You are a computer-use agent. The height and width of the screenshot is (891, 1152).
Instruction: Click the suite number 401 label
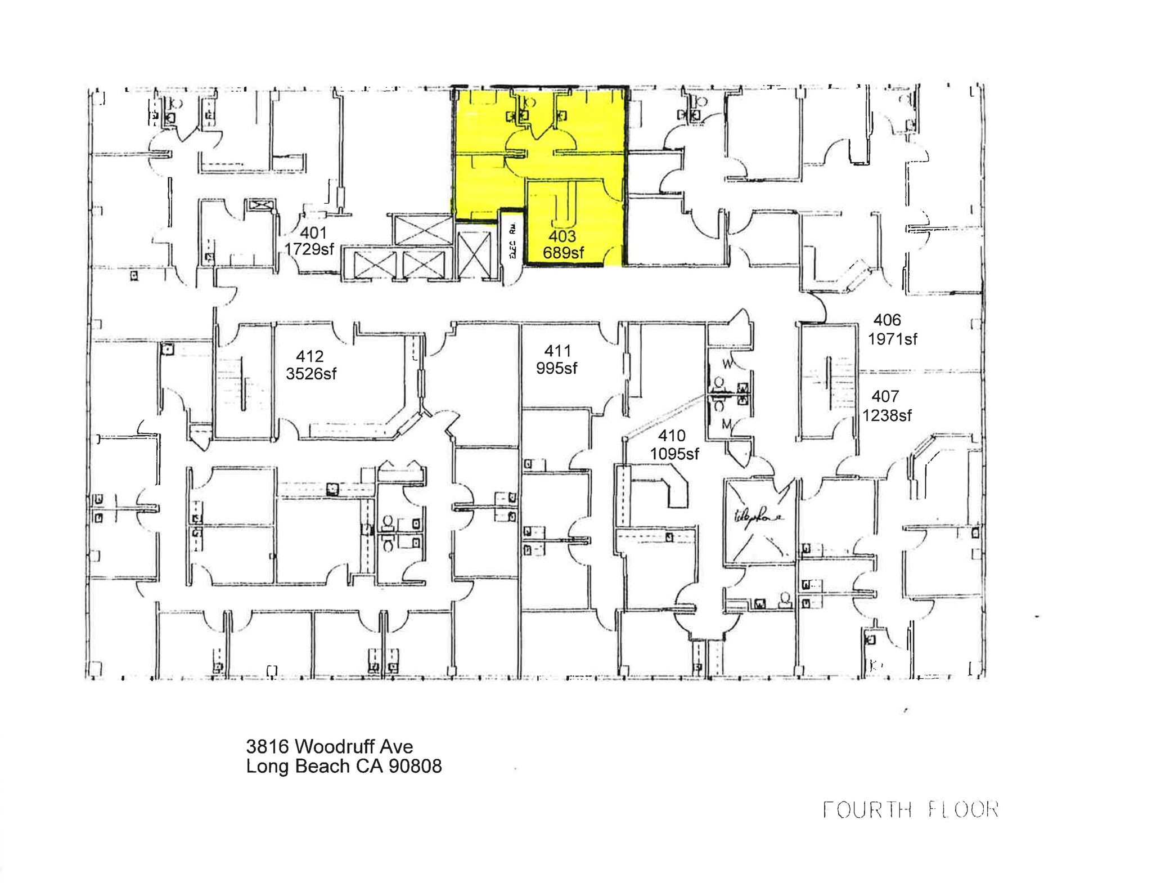[x=313, y=232]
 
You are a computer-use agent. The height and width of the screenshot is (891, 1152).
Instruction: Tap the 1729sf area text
[x=309, y=249]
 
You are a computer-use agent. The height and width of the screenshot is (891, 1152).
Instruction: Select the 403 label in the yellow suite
[x=562, y=236]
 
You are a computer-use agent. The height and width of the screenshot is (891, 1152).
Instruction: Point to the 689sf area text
[x=563, y=253]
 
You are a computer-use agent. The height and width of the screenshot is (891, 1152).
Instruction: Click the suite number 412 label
[x=309, y=356]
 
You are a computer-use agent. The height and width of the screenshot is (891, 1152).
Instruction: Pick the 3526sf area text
[x=311, y=374]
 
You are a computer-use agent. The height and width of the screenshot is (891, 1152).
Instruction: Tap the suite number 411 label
[x=557, y=351]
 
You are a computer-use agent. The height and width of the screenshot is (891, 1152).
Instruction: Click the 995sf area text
[x=556, y=368]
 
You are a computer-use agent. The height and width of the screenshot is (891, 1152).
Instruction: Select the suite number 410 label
[x=672, y=436]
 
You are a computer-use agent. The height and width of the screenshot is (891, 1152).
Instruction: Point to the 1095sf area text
[x=674, y=453]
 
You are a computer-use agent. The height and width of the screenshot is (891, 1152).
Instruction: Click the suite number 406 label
[x=887, y=320]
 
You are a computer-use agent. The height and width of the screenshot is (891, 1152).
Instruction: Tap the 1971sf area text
[x=892, y=339]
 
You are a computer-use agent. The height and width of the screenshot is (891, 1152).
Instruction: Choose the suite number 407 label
[x=885, y=396]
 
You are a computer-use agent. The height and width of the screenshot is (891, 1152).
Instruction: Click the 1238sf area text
[x=887, y=415]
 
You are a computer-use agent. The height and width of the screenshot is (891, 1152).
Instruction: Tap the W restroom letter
[x=727, y=364]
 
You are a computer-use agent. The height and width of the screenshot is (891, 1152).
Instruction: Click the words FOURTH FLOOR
[x=910, y=810]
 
